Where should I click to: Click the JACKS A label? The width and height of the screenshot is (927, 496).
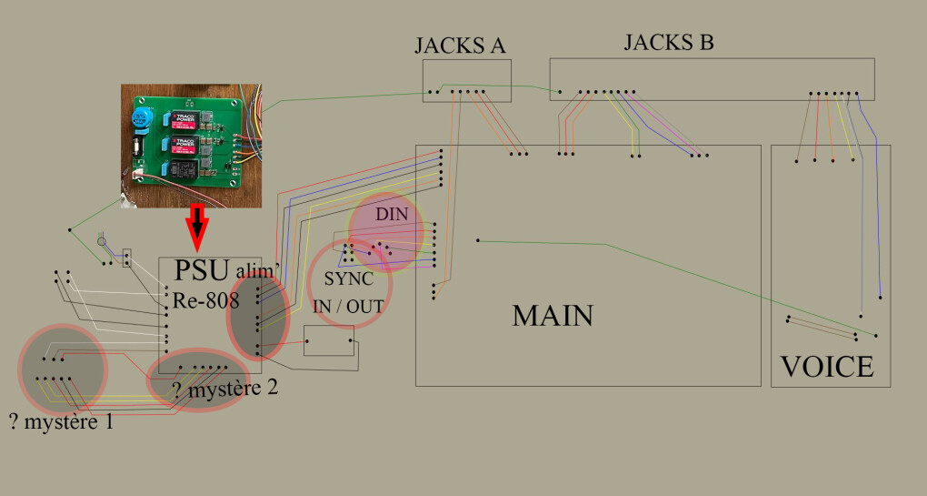tap(460, 46)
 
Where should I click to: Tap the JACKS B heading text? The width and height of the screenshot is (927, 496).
tap(668, 42)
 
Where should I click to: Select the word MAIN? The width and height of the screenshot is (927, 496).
tap(553, 316)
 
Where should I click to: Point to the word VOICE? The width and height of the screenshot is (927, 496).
tap(827, 367)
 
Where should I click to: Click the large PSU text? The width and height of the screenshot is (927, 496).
tap(203, 272)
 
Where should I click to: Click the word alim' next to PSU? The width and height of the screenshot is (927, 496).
tap(255, 271)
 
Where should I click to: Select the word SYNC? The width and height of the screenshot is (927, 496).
tap(348, 280)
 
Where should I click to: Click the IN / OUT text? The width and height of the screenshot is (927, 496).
tap(348, 306)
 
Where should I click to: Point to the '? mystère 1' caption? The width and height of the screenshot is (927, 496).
tap(61, 422)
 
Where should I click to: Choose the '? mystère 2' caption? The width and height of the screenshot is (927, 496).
tap(224, 390)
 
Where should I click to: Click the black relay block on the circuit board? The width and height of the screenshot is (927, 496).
tap(179, 169)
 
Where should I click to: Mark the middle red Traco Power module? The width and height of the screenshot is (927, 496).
tap(178, 145)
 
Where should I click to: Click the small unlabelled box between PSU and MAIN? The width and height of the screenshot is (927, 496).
tap(328, 340)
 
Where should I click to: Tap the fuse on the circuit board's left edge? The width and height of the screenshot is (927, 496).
tap(137, 147)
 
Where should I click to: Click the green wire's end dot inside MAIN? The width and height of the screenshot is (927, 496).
tap(477, 240)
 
